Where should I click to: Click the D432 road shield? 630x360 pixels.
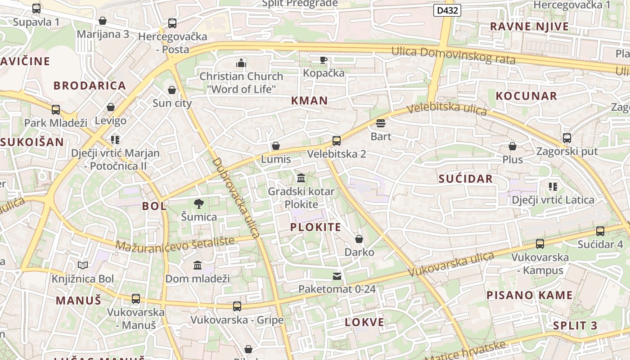[x=447, y=10]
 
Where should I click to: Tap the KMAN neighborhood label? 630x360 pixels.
[x=309, y=100]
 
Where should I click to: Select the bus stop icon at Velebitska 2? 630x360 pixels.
[x=336, y=141]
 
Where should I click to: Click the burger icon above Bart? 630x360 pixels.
[x=381, y=123]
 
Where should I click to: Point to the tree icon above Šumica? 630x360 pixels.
[x=198, y=204]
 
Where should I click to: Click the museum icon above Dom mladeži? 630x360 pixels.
[x=198, y=265]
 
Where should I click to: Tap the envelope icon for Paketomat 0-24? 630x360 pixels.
[x=337, y=276]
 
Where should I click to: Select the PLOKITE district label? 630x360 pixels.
[x=315, y=227]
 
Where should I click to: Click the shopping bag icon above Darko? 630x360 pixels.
[x=359, y=239]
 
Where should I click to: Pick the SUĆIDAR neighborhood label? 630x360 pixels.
[x=466, y=179]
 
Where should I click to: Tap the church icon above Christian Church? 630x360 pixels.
[x=241, y=63]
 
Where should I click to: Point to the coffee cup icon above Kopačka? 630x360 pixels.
[x=324, y=60]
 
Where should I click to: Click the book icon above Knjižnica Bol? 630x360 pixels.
[x=82, y=265]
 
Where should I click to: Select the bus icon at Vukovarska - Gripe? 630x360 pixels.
[x=237, y=306]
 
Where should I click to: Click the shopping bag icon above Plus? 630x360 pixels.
[x=512, y=146]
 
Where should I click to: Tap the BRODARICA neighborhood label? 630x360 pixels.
[x=90, y=85]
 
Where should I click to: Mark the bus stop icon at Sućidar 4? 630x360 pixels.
[x=600, y=231]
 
